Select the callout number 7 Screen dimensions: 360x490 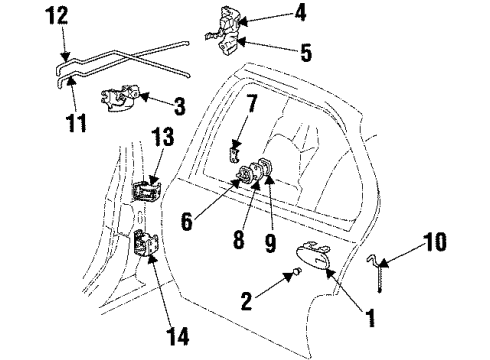click(253, 103)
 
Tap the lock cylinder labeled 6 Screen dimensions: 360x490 click(243, 180)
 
